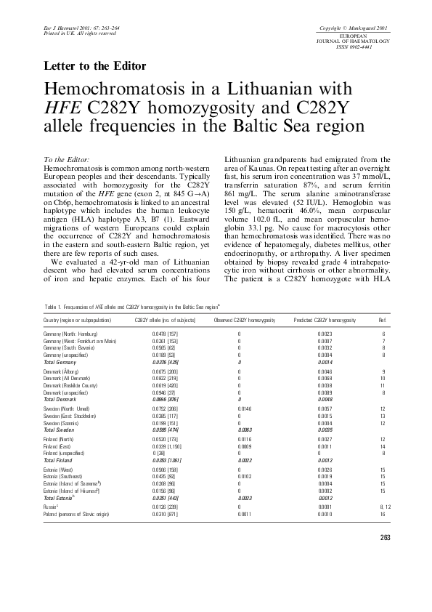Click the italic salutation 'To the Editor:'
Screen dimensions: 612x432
tap(67, 159)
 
